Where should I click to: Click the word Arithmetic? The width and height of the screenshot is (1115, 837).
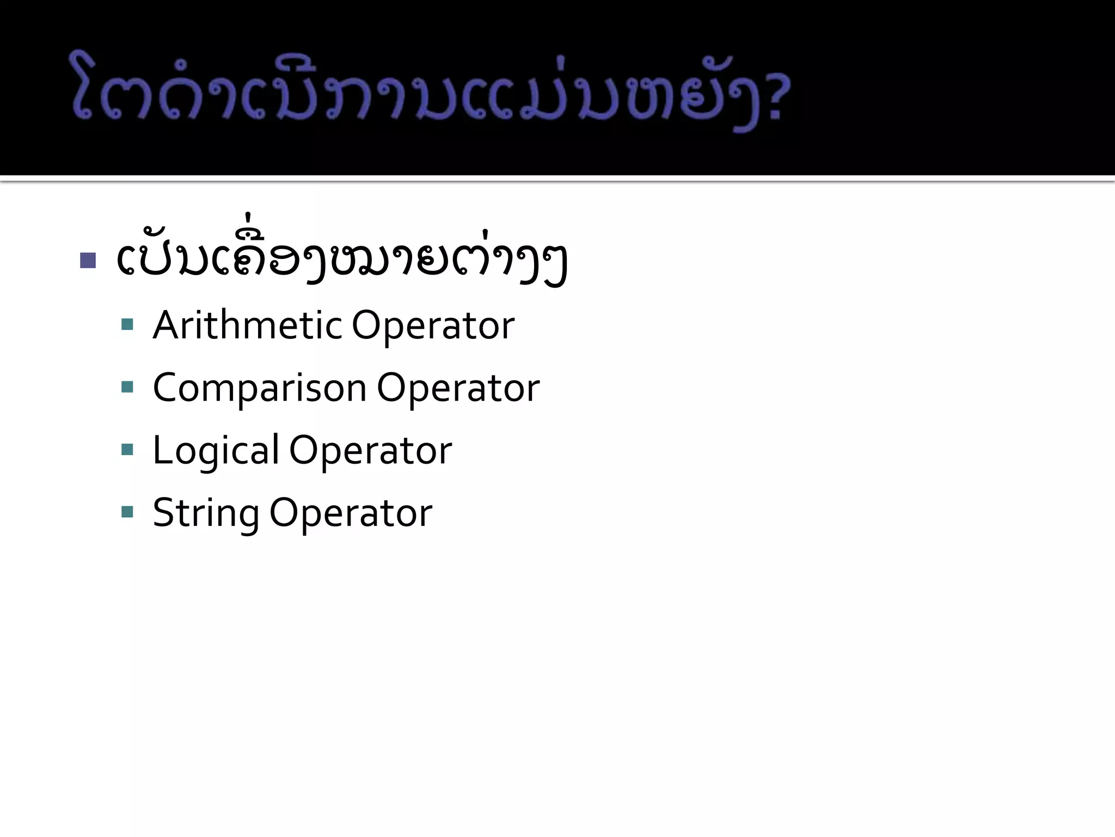247,325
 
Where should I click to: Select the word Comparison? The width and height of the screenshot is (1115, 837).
260,388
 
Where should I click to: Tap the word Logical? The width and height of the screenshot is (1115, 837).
216,451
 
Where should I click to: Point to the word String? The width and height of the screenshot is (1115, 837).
206,513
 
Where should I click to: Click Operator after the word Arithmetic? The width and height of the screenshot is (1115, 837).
433,326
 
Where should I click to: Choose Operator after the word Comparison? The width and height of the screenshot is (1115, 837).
458,388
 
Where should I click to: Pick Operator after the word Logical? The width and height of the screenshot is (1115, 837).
370,451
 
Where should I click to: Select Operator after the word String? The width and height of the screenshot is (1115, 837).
351,513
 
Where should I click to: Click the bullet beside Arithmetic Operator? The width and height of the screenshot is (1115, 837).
127,325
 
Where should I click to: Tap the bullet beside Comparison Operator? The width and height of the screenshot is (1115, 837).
127,387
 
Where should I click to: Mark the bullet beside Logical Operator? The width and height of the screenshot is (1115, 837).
127,450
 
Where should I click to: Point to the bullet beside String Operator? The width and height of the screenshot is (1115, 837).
127,512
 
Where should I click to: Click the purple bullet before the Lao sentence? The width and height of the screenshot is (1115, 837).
88,260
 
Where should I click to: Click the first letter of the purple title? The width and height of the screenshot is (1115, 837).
87,87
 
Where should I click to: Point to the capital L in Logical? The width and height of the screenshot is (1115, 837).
162,451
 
